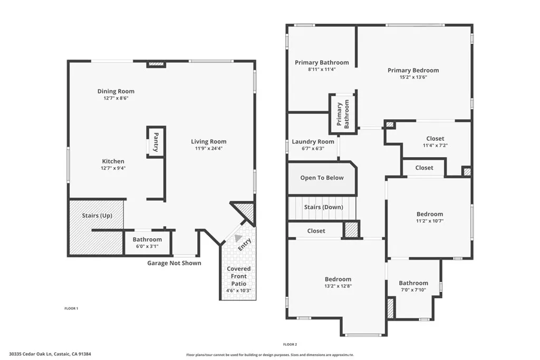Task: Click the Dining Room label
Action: (115, 91)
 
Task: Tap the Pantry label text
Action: (156, 142)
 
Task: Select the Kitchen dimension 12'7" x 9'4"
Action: (113, 168)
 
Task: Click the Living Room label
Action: (208, 141)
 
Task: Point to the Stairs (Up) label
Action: (97, 216)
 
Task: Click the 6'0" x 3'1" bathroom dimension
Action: (147, 246)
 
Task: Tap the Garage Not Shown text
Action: (173, 263)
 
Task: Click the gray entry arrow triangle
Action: (238, 238)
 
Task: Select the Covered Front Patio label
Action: (239, 276)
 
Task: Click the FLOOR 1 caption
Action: (71, 308)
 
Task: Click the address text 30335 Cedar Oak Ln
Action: (53, 354)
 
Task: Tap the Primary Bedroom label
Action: (413, 70)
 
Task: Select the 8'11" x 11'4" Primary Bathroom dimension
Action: (321, 69)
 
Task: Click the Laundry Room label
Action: (313, 141)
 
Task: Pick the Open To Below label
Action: (322, 178)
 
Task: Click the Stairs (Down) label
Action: (323, 207)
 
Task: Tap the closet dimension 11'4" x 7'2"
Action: (435, 145)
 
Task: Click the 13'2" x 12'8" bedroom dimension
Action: (337, 286)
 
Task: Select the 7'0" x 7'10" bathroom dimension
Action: (413, 290)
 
